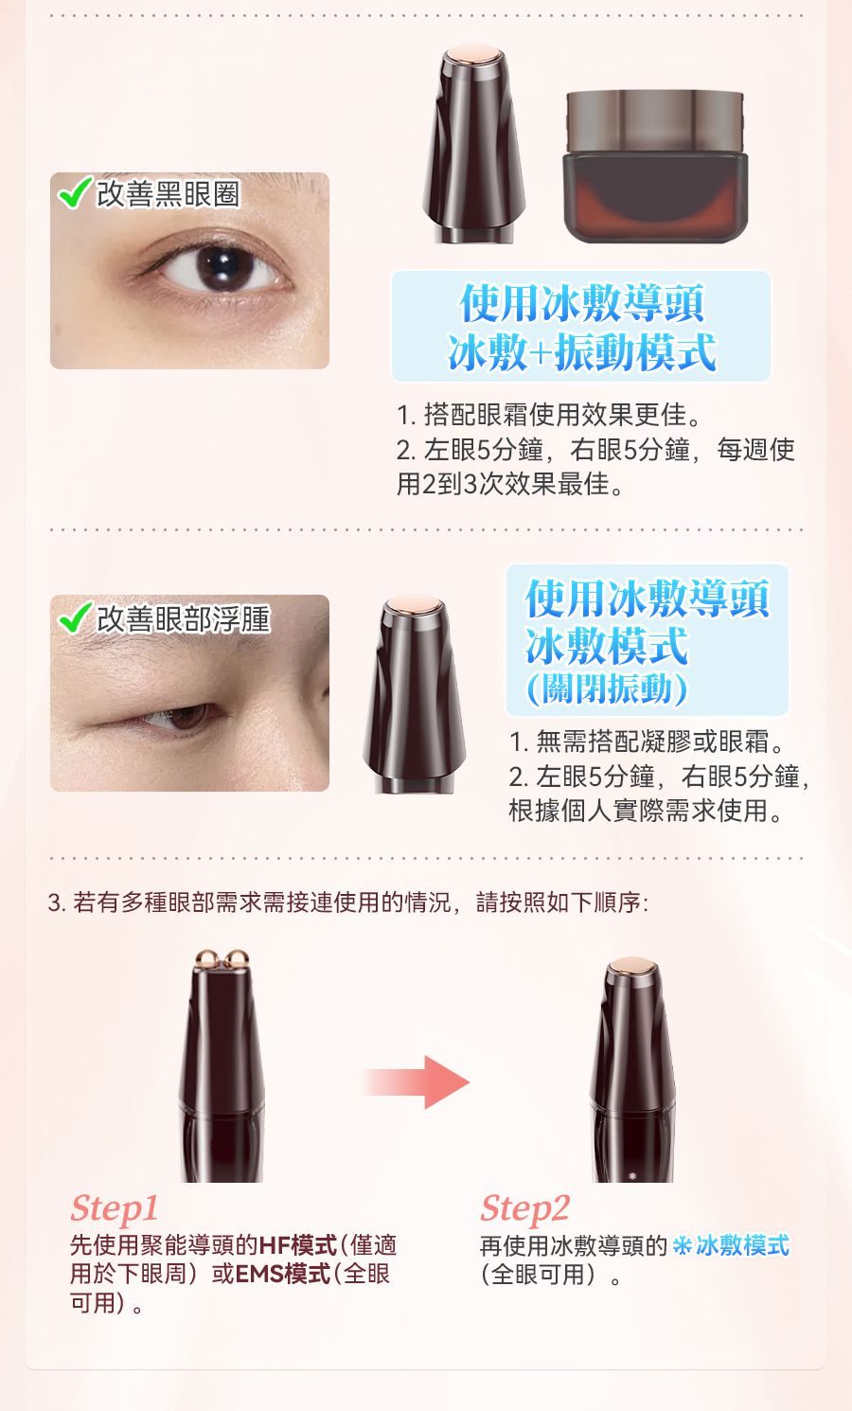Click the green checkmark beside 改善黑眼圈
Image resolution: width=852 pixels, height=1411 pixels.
click(x=74, y=192)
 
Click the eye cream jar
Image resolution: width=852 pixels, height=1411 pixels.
click(x=655, y=167)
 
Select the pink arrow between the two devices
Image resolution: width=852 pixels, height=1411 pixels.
click(x=417, y=1082)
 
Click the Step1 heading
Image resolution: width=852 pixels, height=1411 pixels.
click(x=114, y=1208)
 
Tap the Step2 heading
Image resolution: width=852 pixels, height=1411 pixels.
click(x=524, y=1208)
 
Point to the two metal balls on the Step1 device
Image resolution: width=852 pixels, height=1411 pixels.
click(x=222, y=959)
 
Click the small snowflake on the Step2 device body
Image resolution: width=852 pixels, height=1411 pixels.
click(x=633, y=1175)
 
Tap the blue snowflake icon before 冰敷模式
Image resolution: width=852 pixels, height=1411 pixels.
click(x=682, y=1245)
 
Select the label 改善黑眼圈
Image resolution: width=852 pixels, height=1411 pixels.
click(x=169, y=193)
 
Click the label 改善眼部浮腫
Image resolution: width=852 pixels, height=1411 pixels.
click(x=184, y=618)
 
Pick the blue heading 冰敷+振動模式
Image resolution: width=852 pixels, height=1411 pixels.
click(x=582, y=352)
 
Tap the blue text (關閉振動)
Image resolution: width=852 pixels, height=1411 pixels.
click(x=607, y=689)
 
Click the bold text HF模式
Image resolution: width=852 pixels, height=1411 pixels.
click(x=298, y=1245)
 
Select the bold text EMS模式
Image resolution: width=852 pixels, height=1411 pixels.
click(x=282, y=1274)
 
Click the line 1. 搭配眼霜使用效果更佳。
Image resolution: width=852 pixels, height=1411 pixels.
click(x=549, y=415)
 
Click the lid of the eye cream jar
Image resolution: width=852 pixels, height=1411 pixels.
click(x=655, y=121)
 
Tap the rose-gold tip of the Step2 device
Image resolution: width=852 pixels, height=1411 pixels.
click(x=632, y=966)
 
